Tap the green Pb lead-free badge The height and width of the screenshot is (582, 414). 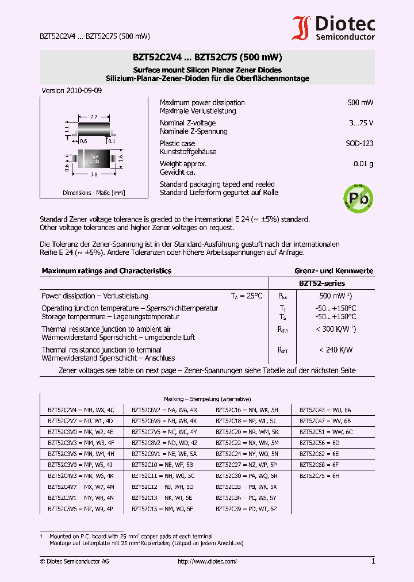click(x=358, y=197)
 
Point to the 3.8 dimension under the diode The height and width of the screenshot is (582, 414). click(x=94, y=174)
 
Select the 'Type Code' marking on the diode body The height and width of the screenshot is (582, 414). click(x=94, y=157)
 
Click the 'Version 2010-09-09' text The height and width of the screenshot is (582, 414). click(x=72, y=91)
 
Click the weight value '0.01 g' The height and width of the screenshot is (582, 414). click(x=363, y=164)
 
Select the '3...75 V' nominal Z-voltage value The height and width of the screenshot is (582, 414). click(x=361, y=123)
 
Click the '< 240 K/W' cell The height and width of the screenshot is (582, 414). click(x=336, y=350)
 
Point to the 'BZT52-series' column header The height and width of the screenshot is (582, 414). click(x=321, y=283)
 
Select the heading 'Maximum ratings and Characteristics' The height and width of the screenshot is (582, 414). click(x=106, y=271)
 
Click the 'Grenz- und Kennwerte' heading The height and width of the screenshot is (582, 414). click(x=333, y=271)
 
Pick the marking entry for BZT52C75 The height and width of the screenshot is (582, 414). click(x=320, y=476)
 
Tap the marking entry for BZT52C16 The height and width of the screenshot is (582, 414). click(x=247, y=410)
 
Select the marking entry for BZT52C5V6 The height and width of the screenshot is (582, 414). click(x=80, y=509)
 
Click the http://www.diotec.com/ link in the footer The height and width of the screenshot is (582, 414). click(x=207, y=561)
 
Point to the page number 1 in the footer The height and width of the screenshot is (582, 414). click(x=373, y=561)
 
